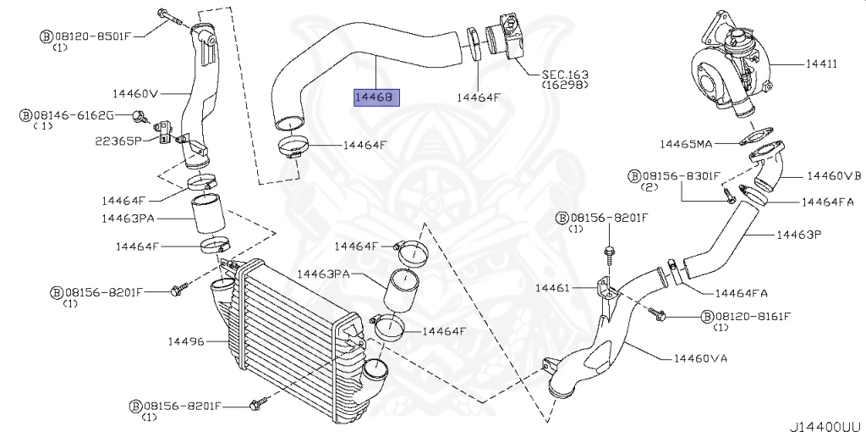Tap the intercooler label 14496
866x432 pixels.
point(185,341)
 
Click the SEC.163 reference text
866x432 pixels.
point(565,75)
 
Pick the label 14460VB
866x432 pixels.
point(832,176)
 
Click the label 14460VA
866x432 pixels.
point(699,357)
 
